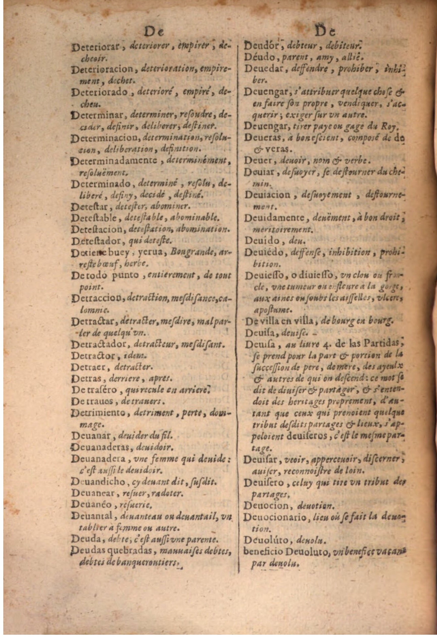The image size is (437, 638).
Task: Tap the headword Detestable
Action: pos(95,218)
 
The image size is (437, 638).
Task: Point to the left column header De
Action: pos(154,33)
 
